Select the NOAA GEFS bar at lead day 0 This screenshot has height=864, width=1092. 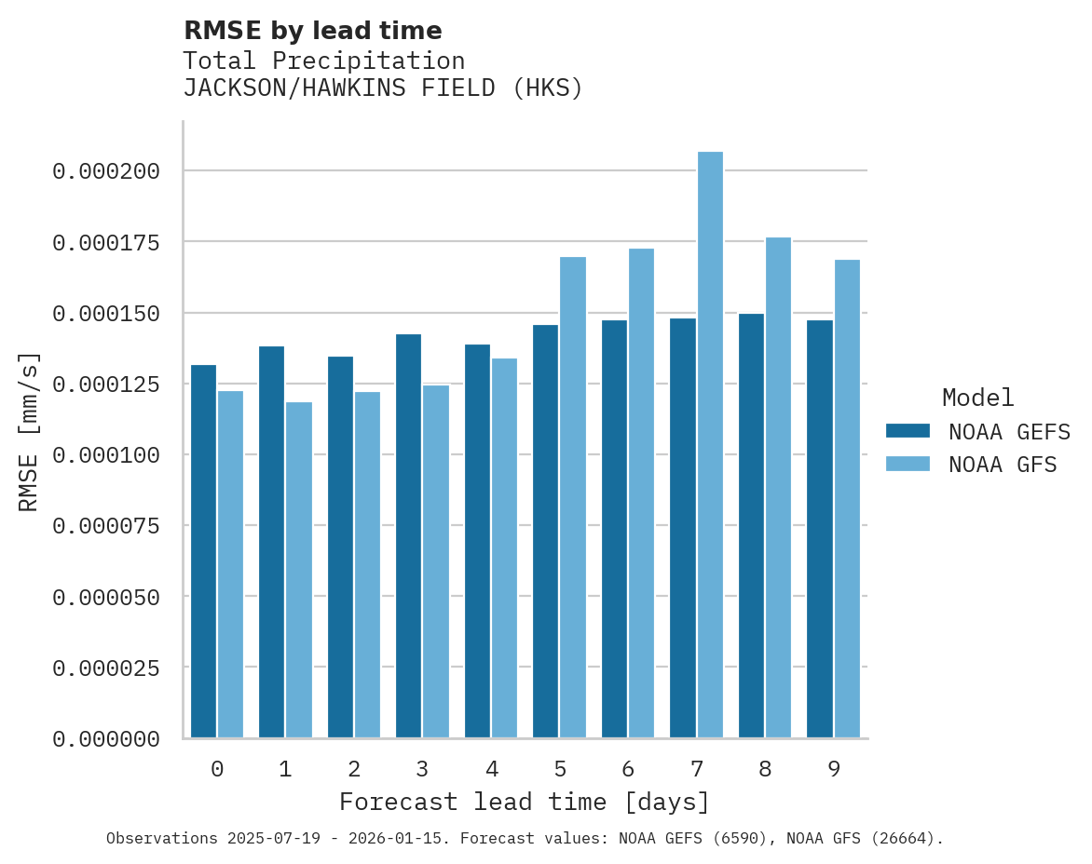(x=203, y=551)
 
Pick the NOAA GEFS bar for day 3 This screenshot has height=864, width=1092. (x=408, y=536)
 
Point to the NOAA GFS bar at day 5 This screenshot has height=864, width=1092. (x=573, y=497)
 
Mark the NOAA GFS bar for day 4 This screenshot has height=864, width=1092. (x=504, y=548)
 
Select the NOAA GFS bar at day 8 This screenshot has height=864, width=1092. (x=778, y=488)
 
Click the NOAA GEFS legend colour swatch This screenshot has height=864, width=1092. (x=908, y=431)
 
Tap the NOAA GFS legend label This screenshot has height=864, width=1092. (x=1003, y=465)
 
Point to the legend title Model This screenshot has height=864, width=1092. (x=977, y=398)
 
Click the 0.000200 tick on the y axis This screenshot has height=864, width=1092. (x=106, y=171)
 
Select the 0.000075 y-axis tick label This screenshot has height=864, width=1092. (x=106, y=526)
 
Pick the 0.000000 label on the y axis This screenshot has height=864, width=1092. (x=106, y=739)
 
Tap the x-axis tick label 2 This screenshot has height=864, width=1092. (x=354, y=770)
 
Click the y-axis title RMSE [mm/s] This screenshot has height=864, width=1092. (x=29, y=431)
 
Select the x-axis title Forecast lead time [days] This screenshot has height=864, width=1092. (x=525, y=803)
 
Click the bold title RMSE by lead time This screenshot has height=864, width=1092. (x=312, y=31)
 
